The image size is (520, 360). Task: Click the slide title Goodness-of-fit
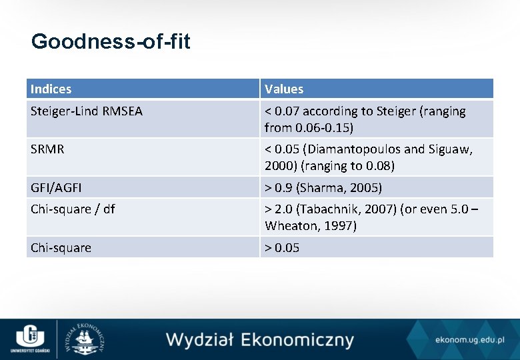click(111, 42)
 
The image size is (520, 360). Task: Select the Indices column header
click(51, 89)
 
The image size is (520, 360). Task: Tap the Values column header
click(284, 89)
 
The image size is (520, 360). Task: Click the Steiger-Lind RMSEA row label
click(87, 111)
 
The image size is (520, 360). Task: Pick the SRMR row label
click(47, 149)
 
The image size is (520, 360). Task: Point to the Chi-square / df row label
click(73, 209)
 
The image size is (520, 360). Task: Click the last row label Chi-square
click(61, 247)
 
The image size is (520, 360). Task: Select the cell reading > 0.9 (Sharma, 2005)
click(323, 187)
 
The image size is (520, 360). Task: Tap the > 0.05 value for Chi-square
click(282, 247)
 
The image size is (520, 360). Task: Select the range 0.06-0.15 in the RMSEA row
click(323, 127)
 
